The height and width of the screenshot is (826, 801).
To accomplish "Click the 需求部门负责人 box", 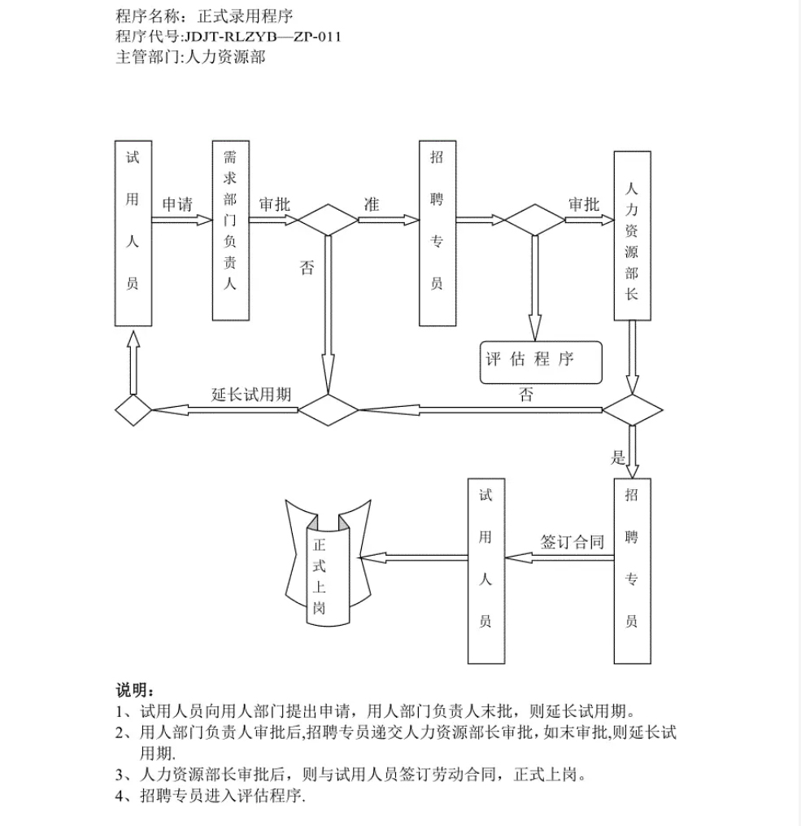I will coord(229,231).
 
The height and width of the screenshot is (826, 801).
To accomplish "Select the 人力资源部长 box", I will coord(632,234).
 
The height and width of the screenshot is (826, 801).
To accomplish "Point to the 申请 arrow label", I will coord(176,204).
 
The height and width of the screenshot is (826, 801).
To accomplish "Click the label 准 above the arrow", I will coord(371,204).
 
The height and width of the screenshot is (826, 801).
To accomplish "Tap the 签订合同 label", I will coord(572,542).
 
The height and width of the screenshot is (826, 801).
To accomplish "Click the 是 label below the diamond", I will coord(619,457).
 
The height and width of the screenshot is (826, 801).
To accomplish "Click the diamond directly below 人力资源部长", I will coord(632,409).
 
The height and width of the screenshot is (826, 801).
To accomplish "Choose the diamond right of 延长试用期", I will coord(328,409).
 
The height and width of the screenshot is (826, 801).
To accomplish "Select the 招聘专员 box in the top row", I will coord(437,233).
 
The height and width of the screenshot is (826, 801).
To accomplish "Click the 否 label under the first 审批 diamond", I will coord(307,269).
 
